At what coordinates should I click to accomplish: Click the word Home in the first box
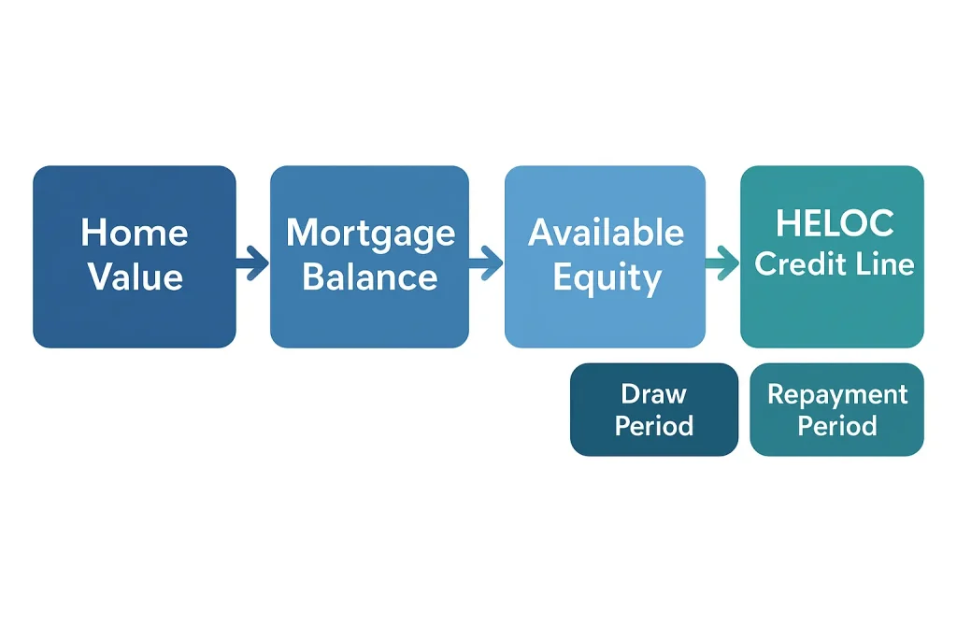pos(135,233)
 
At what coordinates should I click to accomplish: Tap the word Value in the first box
pos(135,276)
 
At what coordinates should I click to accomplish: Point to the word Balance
pos(370,276)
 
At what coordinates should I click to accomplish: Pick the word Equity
pos(606,277)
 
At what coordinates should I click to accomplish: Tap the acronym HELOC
pos(835,223)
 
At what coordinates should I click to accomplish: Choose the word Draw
pos(654,394)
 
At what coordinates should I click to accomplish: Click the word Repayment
pos(837,394)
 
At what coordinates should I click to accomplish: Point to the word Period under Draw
pos(654,427)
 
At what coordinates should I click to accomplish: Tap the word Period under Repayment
pos(837,427)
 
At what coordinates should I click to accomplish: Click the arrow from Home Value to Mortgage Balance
pos(252,262)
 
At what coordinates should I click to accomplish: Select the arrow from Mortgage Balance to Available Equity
pos(486,262)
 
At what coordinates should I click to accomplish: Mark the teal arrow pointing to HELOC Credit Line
pos(721,262)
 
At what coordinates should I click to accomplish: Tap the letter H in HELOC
pos(789,223)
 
